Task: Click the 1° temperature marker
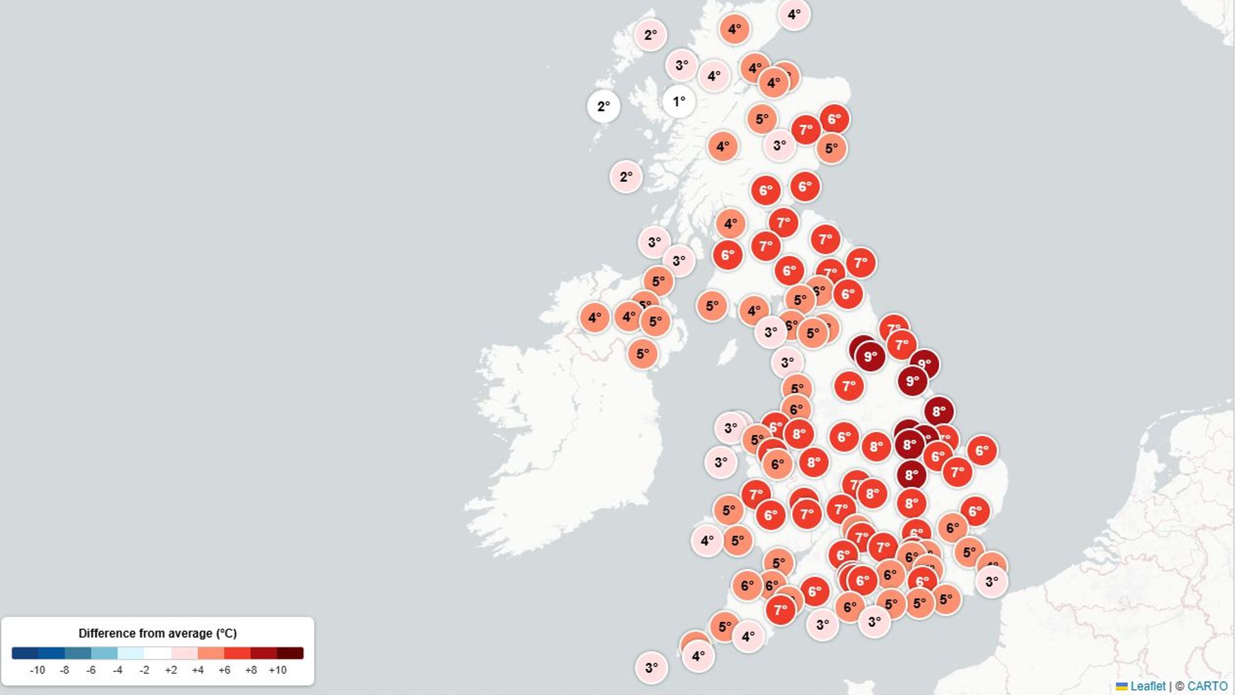click(x=678, y=101)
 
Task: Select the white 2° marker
click(x=603, y=106)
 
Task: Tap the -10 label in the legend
click(x=37, y=670)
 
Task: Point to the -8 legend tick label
click(x=65, y=670)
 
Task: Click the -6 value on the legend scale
click(x=91, y=670)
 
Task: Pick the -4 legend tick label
click(x=118, y=670)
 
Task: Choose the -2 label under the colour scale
click(x=144, y=670)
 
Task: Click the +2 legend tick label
click(x=171, y=670)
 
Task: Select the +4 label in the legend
click(x=198, y=670)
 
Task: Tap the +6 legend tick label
click(x=224, y=670)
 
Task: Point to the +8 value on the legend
click(x=251, y=670)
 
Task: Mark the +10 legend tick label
click(x=277, y=670)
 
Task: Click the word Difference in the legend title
click(x=104, y=633)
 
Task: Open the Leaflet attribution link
click(x=1148, y=686)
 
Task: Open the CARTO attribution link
click(x=1207, y=686)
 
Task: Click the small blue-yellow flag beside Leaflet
click(x=1122, y=687)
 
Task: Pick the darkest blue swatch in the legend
click(x=25, y=653)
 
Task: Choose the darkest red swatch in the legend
click(x=290, y=653)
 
